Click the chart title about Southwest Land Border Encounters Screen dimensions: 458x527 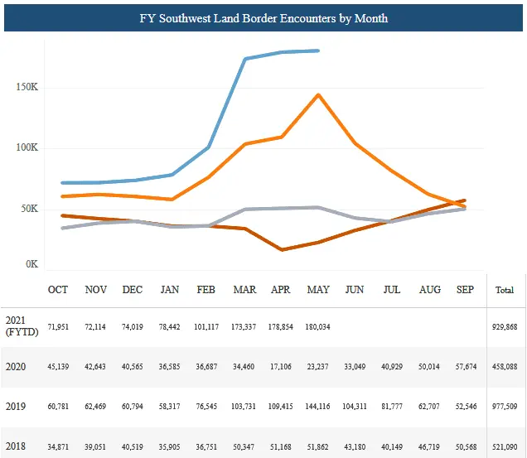click(x=263, y=17)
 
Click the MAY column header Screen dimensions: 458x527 click(x=318, y=290)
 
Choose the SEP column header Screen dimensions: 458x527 click(x=466, y=290)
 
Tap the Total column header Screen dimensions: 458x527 click(x=504, y=291)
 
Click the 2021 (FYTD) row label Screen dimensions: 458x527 click(x=18, y=326)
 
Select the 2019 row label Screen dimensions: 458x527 click(x=15, y=406)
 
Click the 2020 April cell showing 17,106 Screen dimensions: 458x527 click(x=281, y=367)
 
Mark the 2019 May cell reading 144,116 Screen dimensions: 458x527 click(x=318, y=407)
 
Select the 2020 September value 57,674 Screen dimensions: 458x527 click(x=466, y=367)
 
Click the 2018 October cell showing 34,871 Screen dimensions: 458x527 click(x=58, y=446)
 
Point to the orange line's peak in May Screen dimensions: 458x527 click(x=318, y=94)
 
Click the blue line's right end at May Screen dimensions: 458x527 click(x=319, y=51)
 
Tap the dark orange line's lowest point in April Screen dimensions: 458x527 click(x=282, y=249)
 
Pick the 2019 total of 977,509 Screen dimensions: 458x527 click(x=504, y=407)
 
